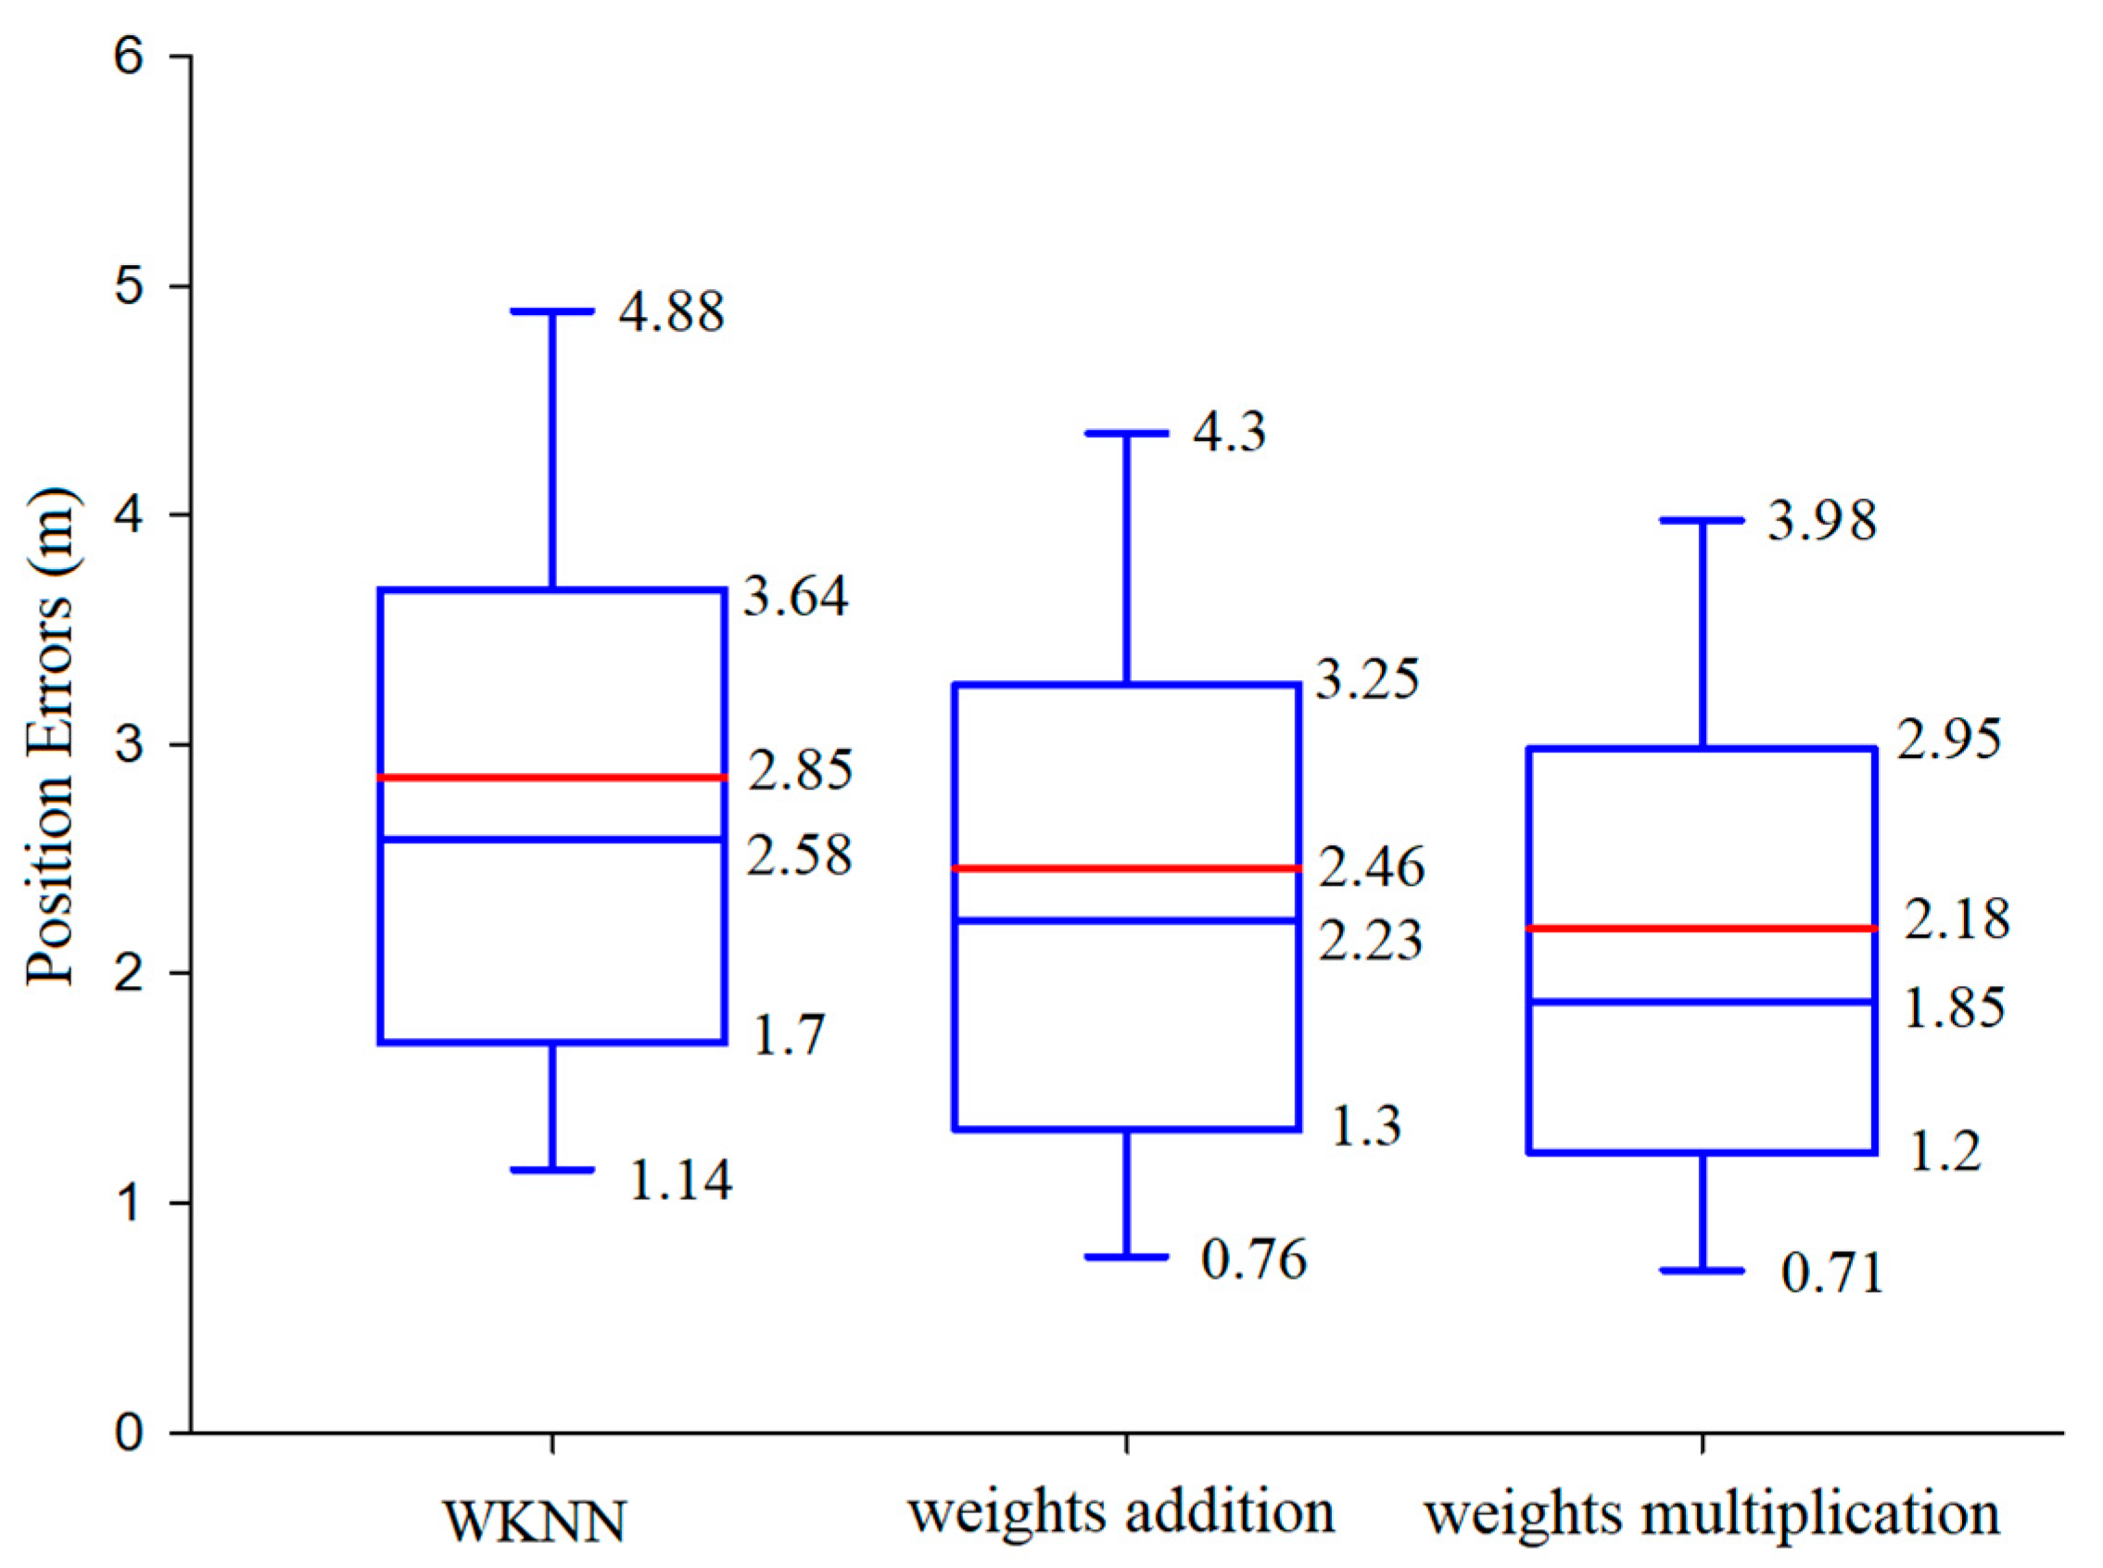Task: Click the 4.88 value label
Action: click(x=671, y=312)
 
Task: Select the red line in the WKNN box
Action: click(x=552, y=778)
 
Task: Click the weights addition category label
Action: click(x=1121, y=1512)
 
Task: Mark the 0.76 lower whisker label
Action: click(x=1253, y=1258)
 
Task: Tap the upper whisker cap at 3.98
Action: click(x=1703, y=520)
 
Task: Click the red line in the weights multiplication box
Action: click(x=1703, y=929)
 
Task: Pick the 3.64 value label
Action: click(x=795, y=597)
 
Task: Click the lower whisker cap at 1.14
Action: click(x=552, y=1170)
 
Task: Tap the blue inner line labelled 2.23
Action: click(x=1126, y=919)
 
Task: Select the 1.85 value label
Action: click(x=1954, y=1008)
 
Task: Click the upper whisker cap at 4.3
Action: click(x=1126, y=433)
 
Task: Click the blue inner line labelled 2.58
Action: click(x=552, y=839)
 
